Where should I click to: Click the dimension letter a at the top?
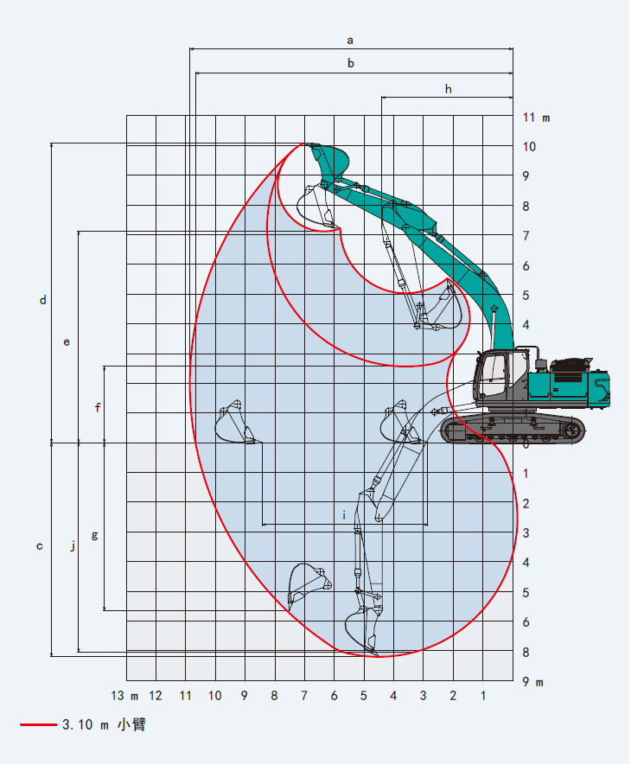point(350,41)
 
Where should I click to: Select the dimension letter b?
point(350,63)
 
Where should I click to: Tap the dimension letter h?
point(448,89)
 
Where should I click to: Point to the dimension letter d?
point(43,300)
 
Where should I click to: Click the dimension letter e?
point(67,342)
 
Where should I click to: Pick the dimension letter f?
point(98,407)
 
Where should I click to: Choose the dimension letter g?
point(95,535)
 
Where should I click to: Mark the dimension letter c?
point(40,546)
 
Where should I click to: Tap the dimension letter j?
point(73,545)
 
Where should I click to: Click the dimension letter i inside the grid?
point(344,515)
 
